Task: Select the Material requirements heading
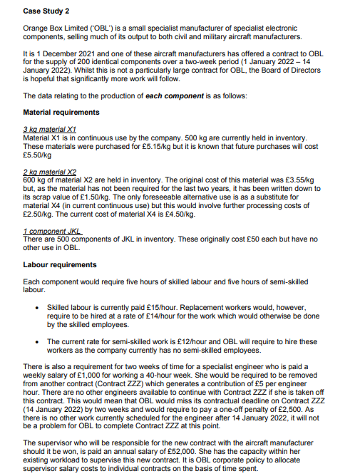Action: tap(61, 112)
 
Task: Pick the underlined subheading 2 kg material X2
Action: tap(44, 172)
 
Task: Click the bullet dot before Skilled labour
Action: tap(36, 307)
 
